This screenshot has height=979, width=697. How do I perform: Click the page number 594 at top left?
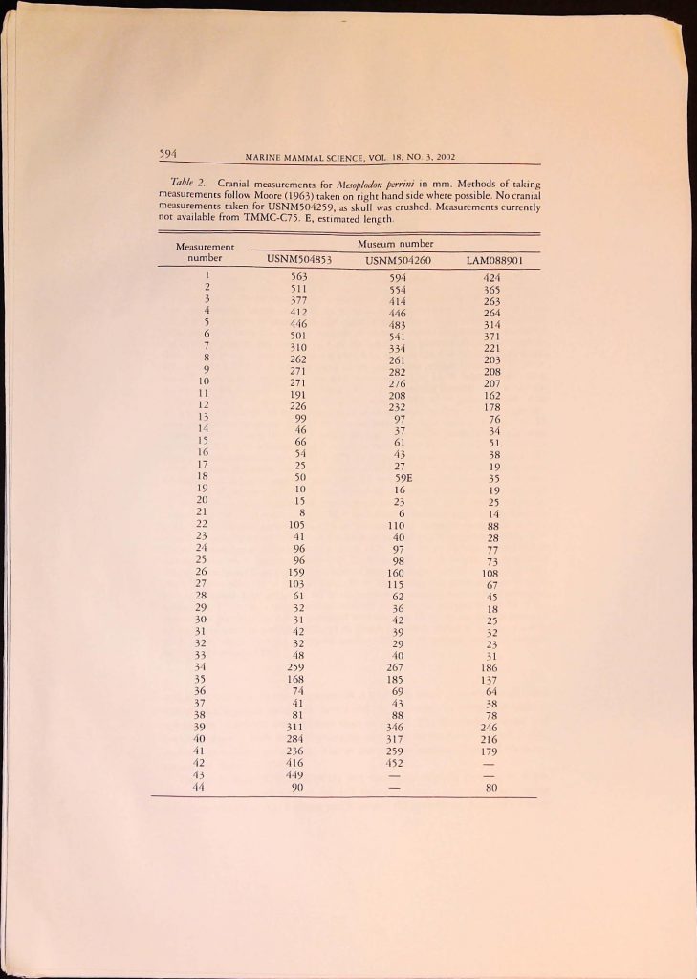[x=171, y=149]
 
